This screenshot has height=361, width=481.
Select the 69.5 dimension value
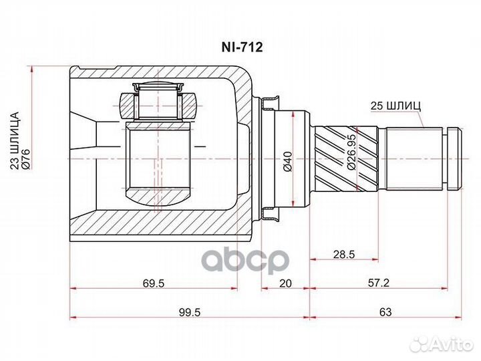153,283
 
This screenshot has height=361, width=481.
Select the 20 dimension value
285,283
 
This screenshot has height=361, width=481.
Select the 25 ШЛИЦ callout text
395,106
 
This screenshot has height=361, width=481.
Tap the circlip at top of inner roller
159,88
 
